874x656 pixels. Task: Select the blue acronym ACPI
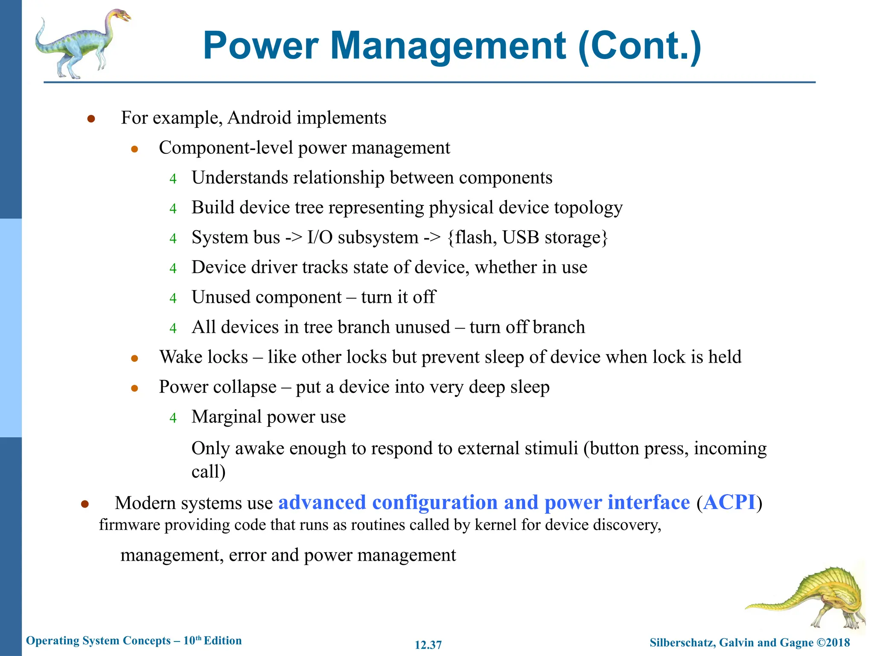coord(729,502)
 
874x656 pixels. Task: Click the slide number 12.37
coord(428,645)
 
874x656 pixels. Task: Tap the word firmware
coord(129,524)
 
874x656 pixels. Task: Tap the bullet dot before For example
coord(91,119)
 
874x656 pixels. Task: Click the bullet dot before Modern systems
coord(84,504)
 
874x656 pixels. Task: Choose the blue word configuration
coord(435,502)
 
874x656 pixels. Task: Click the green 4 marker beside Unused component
coord(173,298)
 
